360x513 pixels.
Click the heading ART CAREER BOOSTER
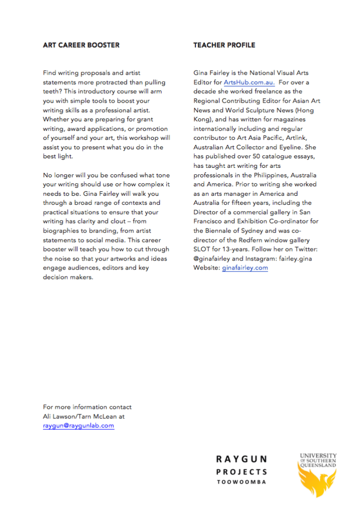(x=81, y=45)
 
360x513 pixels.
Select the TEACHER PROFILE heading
(x=224, y=45)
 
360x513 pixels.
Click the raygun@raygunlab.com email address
(x=79, y=426)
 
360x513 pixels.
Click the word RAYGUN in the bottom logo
(x=242, y=459)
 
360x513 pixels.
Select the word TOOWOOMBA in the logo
(x=242, y=482)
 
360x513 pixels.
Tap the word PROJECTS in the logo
(x=242, y=471)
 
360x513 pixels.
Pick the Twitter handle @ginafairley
(x=212, y=259)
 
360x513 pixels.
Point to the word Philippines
(x=265, y=175)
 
